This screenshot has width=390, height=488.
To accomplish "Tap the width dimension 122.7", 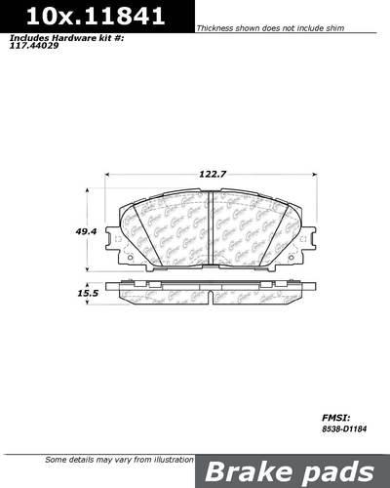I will [x=214, y=173].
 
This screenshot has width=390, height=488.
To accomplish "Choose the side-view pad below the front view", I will [x=214, y=292].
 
